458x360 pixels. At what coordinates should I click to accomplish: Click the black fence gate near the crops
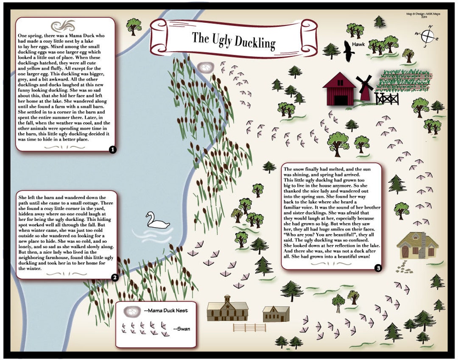pyautogui.click(x=387, y=98)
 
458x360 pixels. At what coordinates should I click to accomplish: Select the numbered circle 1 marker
pyautogui.click(x=112, y=149)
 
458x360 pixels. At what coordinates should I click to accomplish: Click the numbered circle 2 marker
pyautogui.click(x=114, y=278)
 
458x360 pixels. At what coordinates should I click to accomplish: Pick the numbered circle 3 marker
pyautogui.click(x=378, y=268)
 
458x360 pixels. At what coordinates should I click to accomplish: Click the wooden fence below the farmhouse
pyautogui.click(x=250, y=328)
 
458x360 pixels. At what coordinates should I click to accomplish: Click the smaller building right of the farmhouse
pyautogui.click(x=276, y=314)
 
